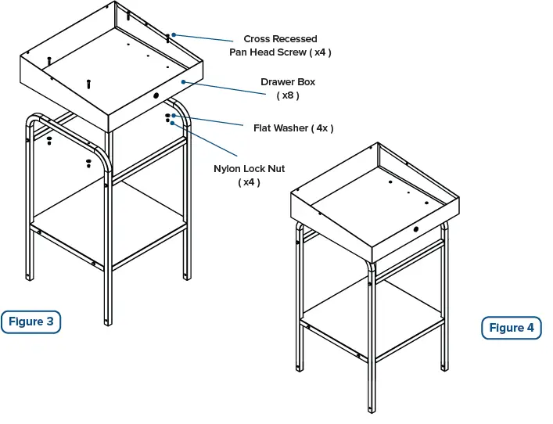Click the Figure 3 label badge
click(31, 322)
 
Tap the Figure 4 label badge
click(512, 328)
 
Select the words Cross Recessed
click(280, 39)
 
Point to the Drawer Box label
click(288, 82)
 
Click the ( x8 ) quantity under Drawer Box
click(288, 95)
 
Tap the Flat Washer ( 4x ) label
click(293, 128)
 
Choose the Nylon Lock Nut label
click(250, 169)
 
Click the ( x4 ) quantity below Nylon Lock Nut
click(250, 182)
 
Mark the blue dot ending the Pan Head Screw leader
click(174, 34)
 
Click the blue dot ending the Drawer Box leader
click(183, 81)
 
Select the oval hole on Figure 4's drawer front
click(415, 230)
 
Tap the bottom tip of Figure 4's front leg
click(372, 410)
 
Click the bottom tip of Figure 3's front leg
click(108, 322)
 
